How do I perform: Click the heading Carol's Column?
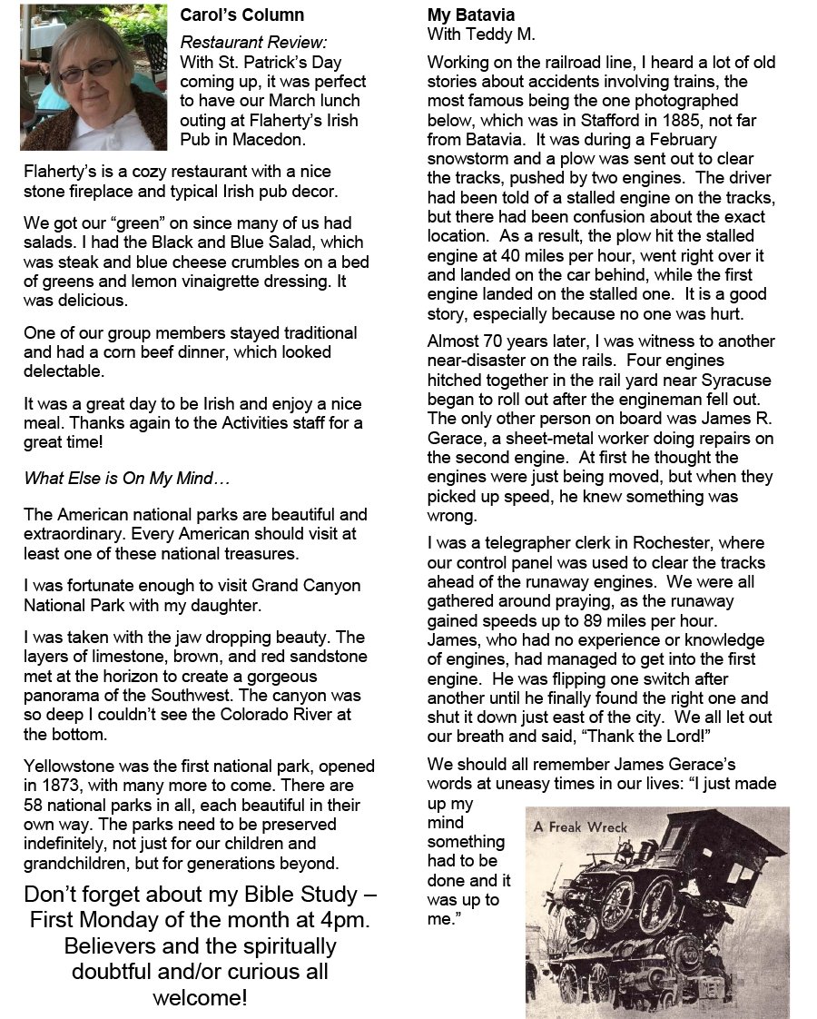pos(241,15)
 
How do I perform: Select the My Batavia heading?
pos(470,15)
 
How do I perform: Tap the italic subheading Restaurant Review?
pos(253,42)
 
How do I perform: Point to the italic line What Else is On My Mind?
pos(114,478)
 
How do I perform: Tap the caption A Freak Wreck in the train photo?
pos(581,827)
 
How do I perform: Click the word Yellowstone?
pos(70,767)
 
